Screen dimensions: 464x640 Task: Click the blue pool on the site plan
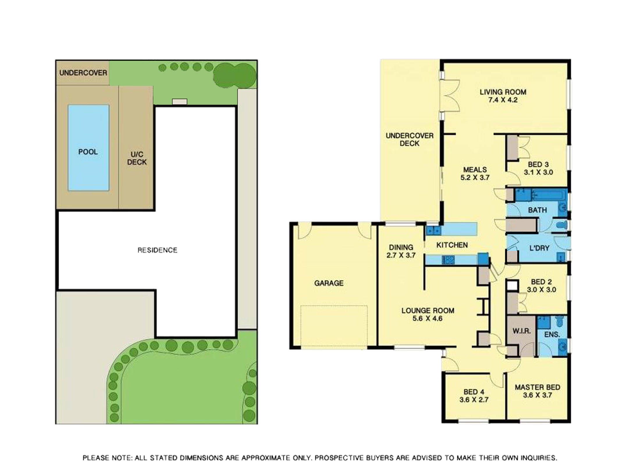[x=88, y=148]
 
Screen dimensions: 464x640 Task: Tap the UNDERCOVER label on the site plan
[x=83, y=73]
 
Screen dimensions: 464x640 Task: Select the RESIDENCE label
[x=157, y=250]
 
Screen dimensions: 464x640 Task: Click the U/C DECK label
[x=137, y=158]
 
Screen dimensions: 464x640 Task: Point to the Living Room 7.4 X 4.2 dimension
[x=503, y=100]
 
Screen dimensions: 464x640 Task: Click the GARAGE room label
[x=329, y=283]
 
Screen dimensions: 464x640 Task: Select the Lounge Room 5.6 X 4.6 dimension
[x=427, y=318]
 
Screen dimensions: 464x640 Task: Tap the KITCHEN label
[x=452, y=245]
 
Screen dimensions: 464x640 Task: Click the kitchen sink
[x=433, y=231]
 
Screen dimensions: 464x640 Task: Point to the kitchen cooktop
[x=448, y=259]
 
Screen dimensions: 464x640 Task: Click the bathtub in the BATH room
[x=547, y=195]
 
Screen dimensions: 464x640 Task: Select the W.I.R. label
[x=521, y=331]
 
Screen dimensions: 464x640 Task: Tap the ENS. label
[x=552, y=334]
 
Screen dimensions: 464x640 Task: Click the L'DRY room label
[x=539, y=248]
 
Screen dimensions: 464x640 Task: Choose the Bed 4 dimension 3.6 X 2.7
[x=474, y=400]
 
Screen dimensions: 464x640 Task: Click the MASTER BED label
[x=537, y=387]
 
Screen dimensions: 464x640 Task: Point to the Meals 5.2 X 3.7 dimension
[x=475, y=177]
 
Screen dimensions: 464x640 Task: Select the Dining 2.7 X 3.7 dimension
[x=401, y=255]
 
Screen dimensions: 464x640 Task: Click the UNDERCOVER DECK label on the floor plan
[x=409, y=139]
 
